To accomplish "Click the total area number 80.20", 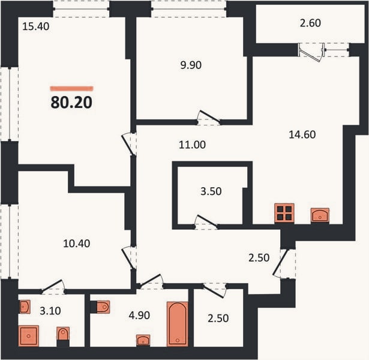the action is (x=71, y=103).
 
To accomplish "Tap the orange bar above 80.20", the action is (x=72, y=88).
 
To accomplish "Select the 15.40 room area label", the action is (x=36, y=26).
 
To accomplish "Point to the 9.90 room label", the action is (x=191, y=65).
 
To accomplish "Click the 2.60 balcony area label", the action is (x=310, y=23).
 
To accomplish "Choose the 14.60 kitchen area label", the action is (x=302, y=134).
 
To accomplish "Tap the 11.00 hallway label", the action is (x=192, y=145).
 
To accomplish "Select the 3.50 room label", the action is (x=211, y=191).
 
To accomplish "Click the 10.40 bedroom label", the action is (x=76, y=244).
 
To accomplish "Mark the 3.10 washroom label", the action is (x=50, y=311).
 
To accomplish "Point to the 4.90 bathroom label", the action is (x=139, y=315).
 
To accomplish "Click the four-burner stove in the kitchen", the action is (x=284, y=213).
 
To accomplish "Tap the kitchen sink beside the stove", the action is (x=320, y=215).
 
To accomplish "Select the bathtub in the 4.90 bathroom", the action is (x=178, y=324).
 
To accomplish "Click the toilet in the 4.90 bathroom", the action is (x=100, y=307).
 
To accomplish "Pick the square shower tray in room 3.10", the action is (x=28, y=336).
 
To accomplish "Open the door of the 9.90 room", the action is (x=209, y=117).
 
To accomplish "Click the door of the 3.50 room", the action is (x=206, y=221).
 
